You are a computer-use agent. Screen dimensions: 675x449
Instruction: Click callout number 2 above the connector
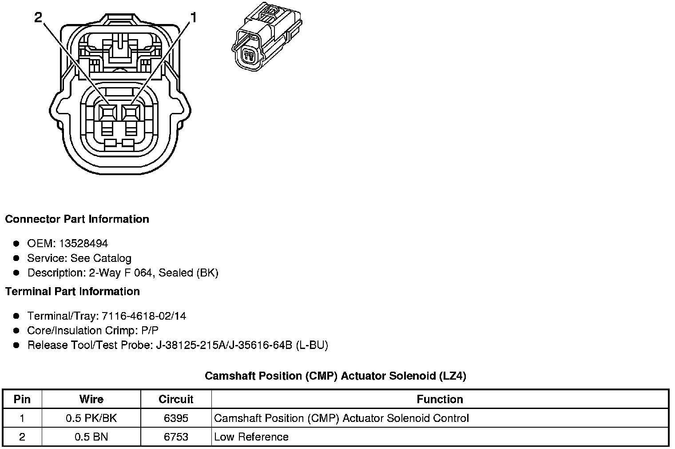click(38, 17)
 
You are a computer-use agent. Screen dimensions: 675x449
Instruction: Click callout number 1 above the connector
click(193, 18)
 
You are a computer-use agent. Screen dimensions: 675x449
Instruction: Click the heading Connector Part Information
click(77, 219)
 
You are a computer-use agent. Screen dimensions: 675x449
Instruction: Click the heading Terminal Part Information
click(72, 292)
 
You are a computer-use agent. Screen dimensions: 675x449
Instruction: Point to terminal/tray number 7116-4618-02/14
click(144, 316)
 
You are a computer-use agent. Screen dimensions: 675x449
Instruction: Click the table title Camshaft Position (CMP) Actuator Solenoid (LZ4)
click(335, 376)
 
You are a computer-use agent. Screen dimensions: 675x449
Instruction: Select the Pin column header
click(22, 399)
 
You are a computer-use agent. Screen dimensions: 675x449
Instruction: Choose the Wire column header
click(91, 399)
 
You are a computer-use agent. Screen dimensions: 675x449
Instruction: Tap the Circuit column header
click(176, 399)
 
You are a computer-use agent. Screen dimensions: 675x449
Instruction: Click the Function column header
click(440, 399)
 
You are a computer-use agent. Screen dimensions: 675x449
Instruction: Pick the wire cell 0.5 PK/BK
click(91, 418)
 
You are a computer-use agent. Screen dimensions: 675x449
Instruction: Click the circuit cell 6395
click(176, 418)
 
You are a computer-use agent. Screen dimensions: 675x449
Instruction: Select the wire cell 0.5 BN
click(91, 437)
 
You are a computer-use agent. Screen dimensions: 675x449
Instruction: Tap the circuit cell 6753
click(176, 437)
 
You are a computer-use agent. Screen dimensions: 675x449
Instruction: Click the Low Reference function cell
click(251, 437)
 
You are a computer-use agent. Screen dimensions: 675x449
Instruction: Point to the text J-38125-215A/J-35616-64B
click(224, 345)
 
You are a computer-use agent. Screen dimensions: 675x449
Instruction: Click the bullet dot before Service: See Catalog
click(16, 258)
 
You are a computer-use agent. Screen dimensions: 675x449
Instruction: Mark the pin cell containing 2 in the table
click(22, 437)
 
